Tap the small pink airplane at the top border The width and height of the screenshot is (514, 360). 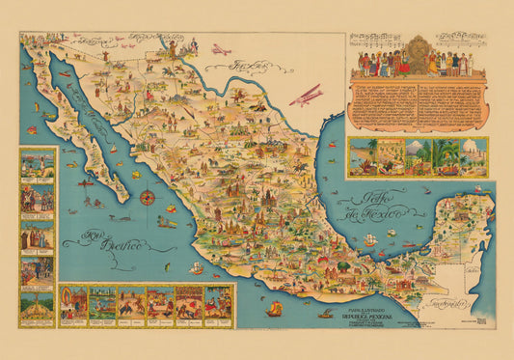point(223,48)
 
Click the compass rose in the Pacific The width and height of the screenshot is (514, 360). point(148,197)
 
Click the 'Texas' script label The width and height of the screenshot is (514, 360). point(249,67)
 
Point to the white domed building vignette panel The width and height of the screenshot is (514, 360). point(471,156)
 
